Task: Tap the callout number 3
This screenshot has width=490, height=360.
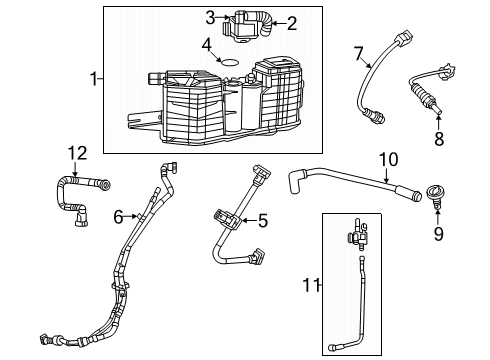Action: click(211, 17)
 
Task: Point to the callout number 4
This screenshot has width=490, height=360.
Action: click(205, 45)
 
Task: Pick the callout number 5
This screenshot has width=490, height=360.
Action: click(263, 221)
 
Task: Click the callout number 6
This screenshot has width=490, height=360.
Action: click(118, 216)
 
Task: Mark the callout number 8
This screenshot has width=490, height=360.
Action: click(438, 139)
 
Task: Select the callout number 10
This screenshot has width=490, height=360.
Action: click(389, 158)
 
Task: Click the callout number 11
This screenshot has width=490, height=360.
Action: click(312, 286)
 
